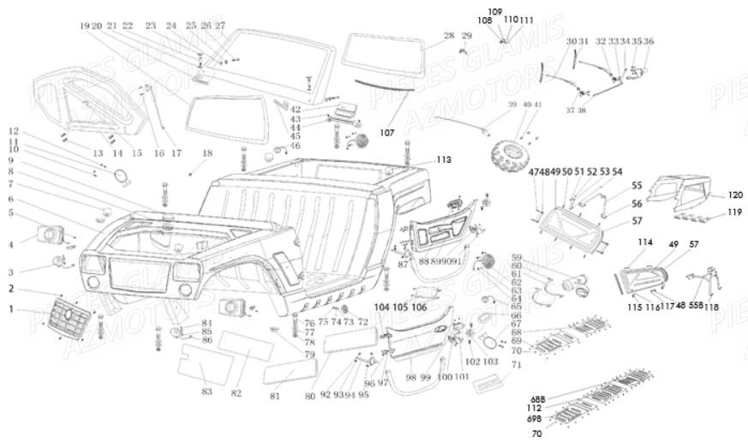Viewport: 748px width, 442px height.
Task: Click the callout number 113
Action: (443, 160)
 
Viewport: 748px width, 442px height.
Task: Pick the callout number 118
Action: (711, 306)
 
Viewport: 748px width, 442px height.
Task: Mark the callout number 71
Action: (517, 364)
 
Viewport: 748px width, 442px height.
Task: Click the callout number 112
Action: (536, 408)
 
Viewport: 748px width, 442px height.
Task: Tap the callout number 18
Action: (207, 153)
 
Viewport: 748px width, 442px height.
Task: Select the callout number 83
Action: (206, 391)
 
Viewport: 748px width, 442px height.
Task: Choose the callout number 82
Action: (236, 393)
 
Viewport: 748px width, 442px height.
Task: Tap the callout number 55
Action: (637, 186)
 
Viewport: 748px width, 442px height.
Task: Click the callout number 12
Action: (13, 131)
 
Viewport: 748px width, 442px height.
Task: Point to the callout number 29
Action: (466, 35)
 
